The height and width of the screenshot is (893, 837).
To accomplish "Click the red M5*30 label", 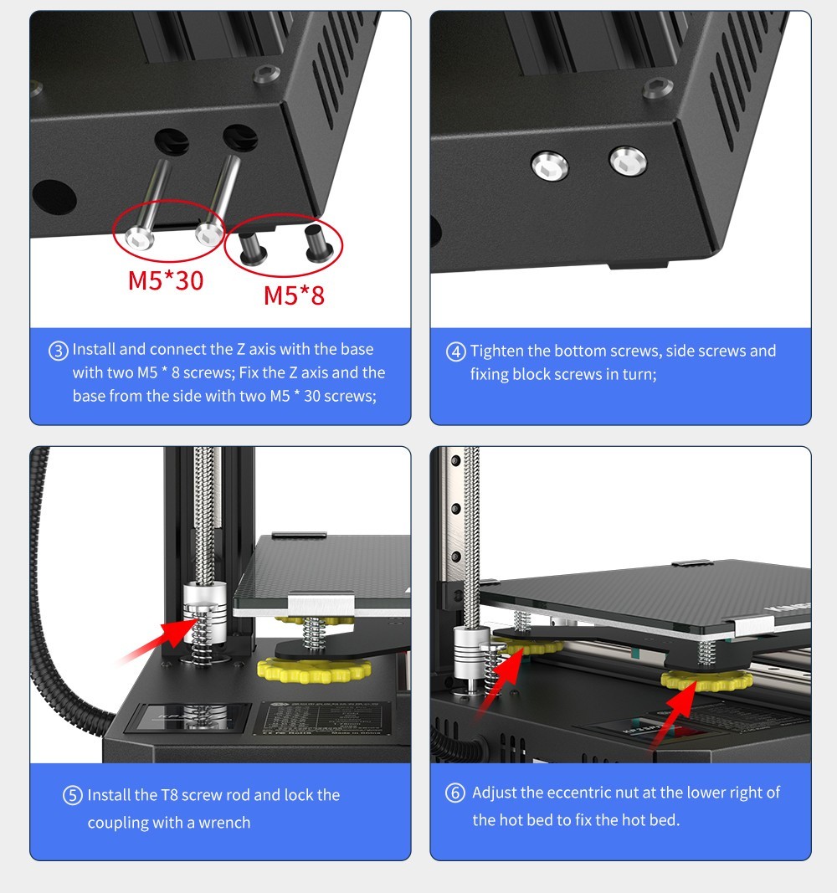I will (165, 280).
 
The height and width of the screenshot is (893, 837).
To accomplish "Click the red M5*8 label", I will (294, 295).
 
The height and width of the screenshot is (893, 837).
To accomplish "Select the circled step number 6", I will (455, 793).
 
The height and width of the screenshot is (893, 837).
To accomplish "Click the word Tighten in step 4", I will (496, 351).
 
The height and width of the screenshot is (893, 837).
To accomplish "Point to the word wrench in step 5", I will (225, 823).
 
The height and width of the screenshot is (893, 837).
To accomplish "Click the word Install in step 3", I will (96, 349).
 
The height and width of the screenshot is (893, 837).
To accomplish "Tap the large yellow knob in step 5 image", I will (314, 670).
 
